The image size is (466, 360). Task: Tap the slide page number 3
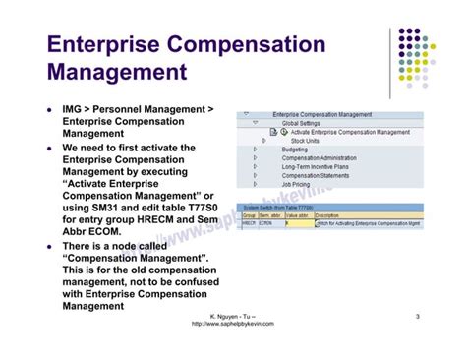(418, 316)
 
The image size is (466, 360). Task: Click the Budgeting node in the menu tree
(295, 150)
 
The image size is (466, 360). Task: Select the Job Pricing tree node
(296, 184)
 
